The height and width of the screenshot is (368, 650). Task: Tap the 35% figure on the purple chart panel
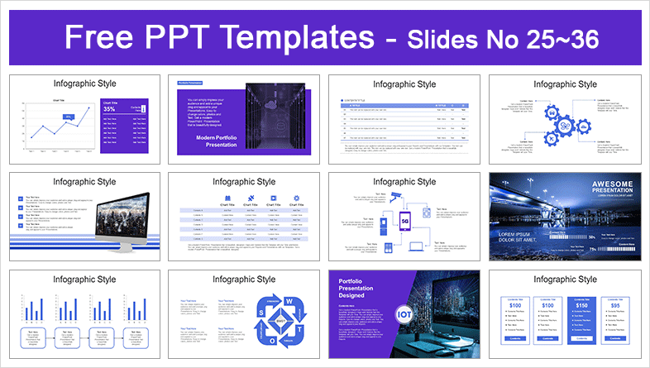click(x=109, y=108)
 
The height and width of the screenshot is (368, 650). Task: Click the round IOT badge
click(x=405, y=315)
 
